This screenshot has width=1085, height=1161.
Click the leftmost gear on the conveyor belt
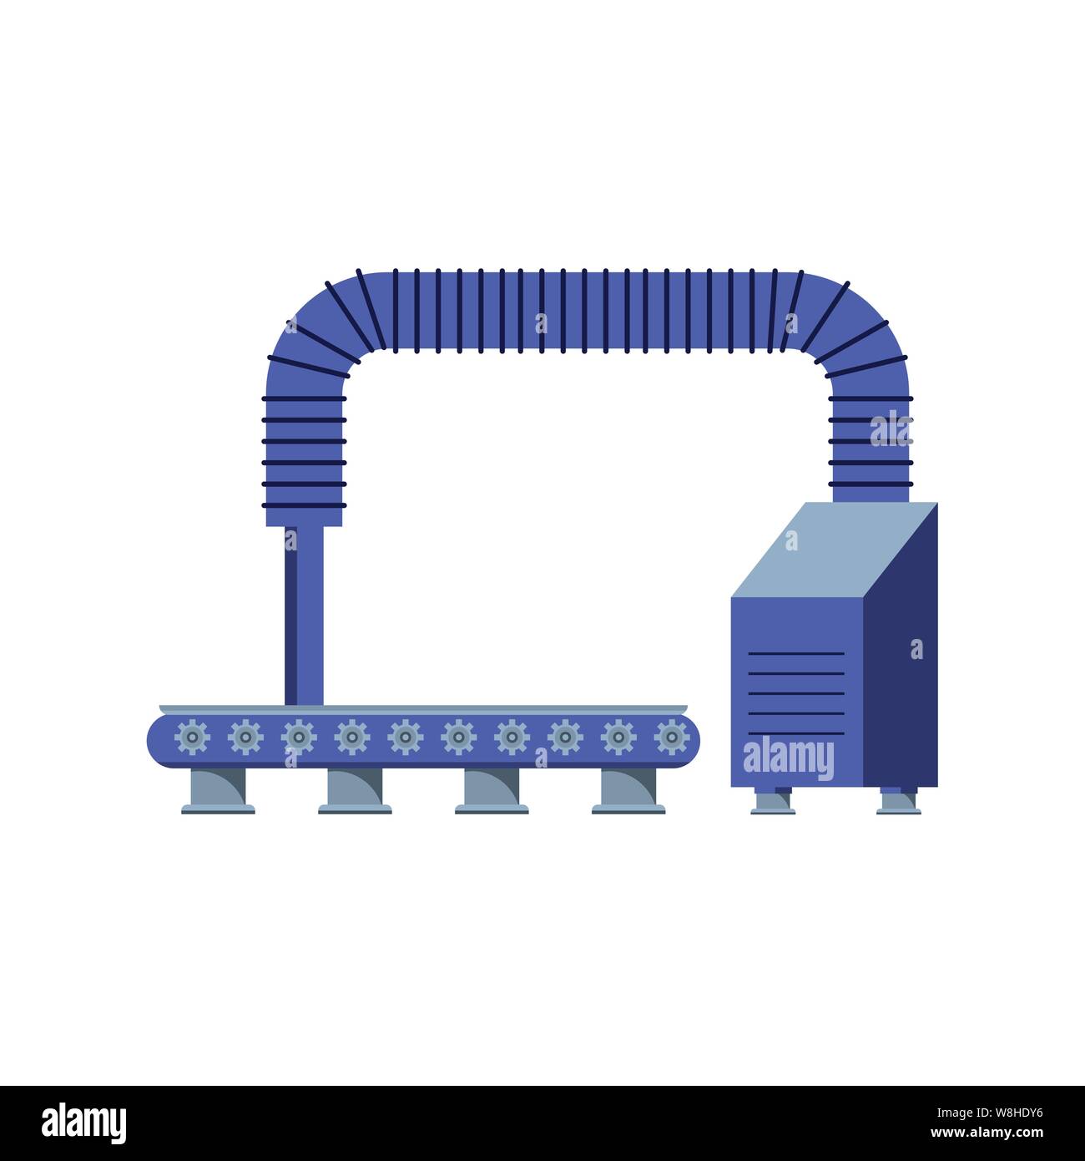pos(193,738)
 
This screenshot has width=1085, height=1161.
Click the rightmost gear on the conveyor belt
pos(672,738)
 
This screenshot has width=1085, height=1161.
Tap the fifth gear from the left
pos(406,738)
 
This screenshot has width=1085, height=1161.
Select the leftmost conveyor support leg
pos(218,790)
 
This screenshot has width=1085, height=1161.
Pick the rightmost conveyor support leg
pos(628,790)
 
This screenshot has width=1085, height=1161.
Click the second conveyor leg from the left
pos(355,790)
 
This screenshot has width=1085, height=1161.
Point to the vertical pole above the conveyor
pos(304,614)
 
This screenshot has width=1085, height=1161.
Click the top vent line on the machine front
pos(795,653)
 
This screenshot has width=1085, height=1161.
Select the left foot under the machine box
pos(772,801)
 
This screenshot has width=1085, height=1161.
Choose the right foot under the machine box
pos(898,801)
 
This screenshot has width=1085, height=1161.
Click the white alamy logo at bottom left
pos(84,1123)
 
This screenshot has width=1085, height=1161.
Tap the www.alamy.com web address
pos(987,1133)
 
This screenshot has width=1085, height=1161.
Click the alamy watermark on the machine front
pos(788,758)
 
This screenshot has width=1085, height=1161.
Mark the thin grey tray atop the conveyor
pos(422,709)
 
